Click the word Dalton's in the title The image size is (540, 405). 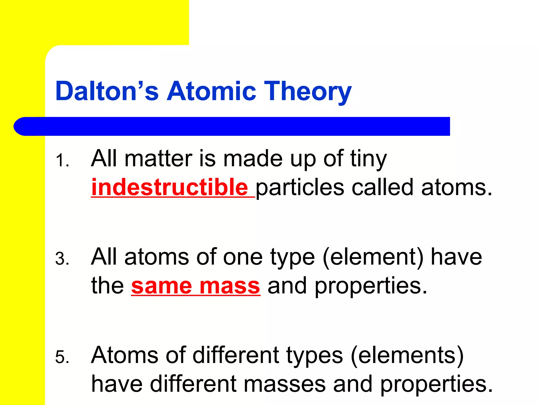coord(107,91)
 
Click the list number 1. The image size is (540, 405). coord(62,161)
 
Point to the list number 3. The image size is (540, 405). coord(62,259)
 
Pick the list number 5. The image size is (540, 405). coord(62,357)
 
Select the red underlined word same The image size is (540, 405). coord(161,286)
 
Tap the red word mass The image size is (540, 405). coord(230,286)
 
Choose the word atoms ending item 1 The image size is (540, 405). coord(456,187)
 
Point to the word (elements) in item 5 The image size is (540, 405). coord(407,355)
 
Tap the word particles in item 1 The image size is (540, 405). coord(300,187)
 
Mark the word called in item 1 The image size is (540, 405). coord(382,187)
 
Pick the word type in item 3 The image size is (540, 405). coord(292,258)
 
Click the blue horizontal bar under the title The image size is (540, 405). coord(232,126)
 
